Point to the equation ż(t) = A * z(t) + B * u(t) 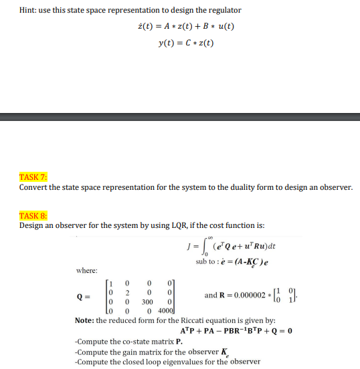[x=185, y=27]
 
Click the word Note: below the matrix [x=84, y=320]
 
